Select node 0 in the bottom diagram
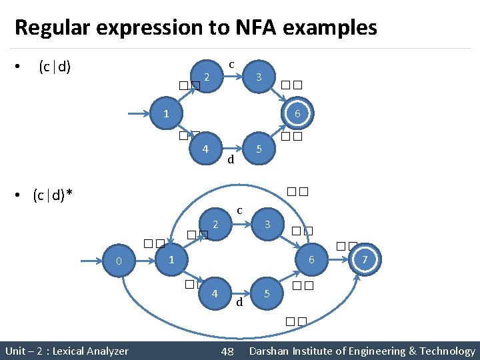[x=119, y=261]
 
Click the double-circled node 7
[x=364, y=259]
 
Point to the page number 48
[x=227, y=351]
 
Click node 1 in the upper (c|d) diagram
[x=167, y=115]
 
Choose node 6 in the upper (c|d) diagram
[x=297, y=115]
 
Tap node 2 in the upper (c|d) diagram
[x=207, y=77]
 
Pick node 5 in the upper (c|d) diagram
[x=259, y=149]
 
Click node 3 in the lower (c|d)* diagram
[x=267, y=225]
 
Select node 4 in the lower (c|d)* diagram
[x=214, y=293]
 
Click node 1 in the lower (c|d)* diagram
[x=171, y=259]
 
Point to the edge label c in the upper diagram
[x=231, y=65]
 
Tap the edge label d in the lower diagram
[x=238, y=303]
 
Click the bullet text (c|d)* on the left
[x=53, y=195]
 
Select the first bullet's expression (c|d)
[x=55, y=67]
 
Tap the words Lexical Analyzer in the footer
[x=90, y=351]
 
